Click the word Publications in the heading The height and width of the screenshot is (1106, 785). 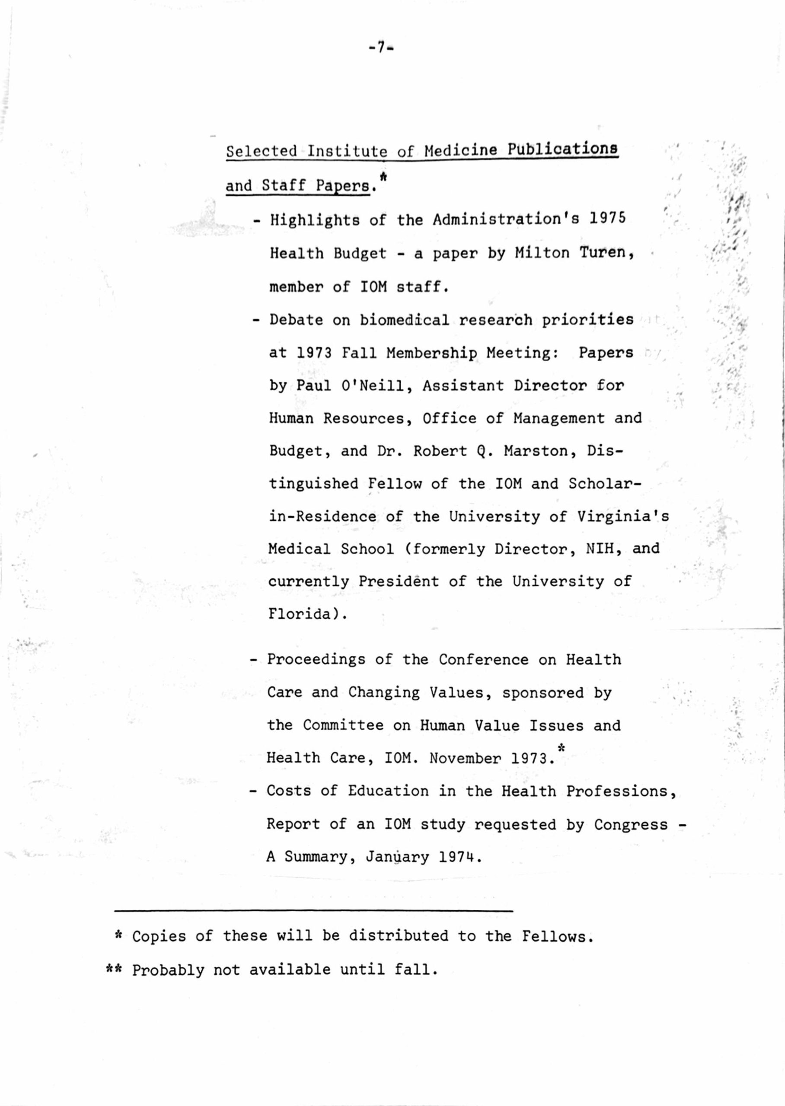click(563, 149)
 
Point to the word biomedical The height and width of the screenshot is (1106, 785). click(405, 320)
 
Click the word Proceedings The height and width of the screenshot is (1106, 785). click(316, 660)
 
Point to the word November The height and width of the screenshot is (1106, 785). click(465, 758)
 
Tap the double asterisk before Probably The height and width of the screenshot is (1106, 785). click(116, 969)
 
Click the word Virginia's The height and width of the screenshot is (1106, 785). click(623, 516)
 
